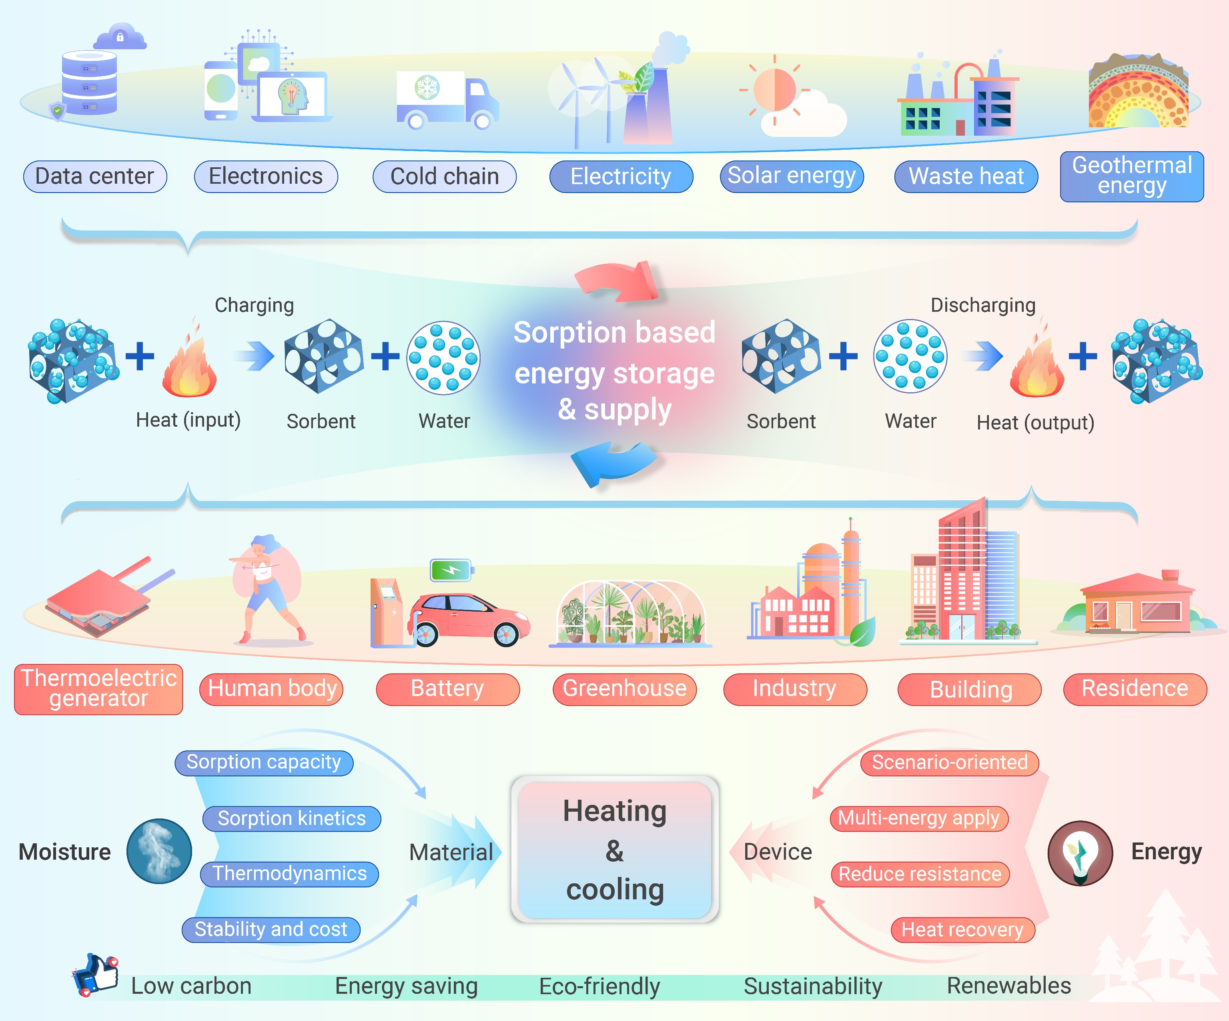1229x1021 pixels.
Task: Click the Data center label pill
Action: click(95, 176)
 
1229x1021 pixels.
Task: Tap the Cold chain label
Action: click(444, 176)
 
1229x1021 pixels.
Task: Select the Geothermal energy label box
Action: click(1132, 176)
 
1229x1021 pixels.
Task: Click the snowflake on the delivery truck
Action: click(427, 88)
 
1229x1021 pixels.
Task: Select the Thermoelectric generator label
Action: click(98, 689)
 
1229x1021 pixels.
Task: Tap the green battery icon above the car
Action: click(451, 570)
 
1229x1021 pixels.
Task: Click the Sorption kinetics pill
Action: click(291, 818)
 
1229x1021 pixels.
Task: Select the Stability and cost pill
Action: click(271, 929)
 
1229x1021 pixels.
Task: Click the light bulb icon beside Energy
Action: click(1080, 853)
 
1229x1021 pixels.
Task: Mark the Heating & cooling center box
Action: click(615, 849)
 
